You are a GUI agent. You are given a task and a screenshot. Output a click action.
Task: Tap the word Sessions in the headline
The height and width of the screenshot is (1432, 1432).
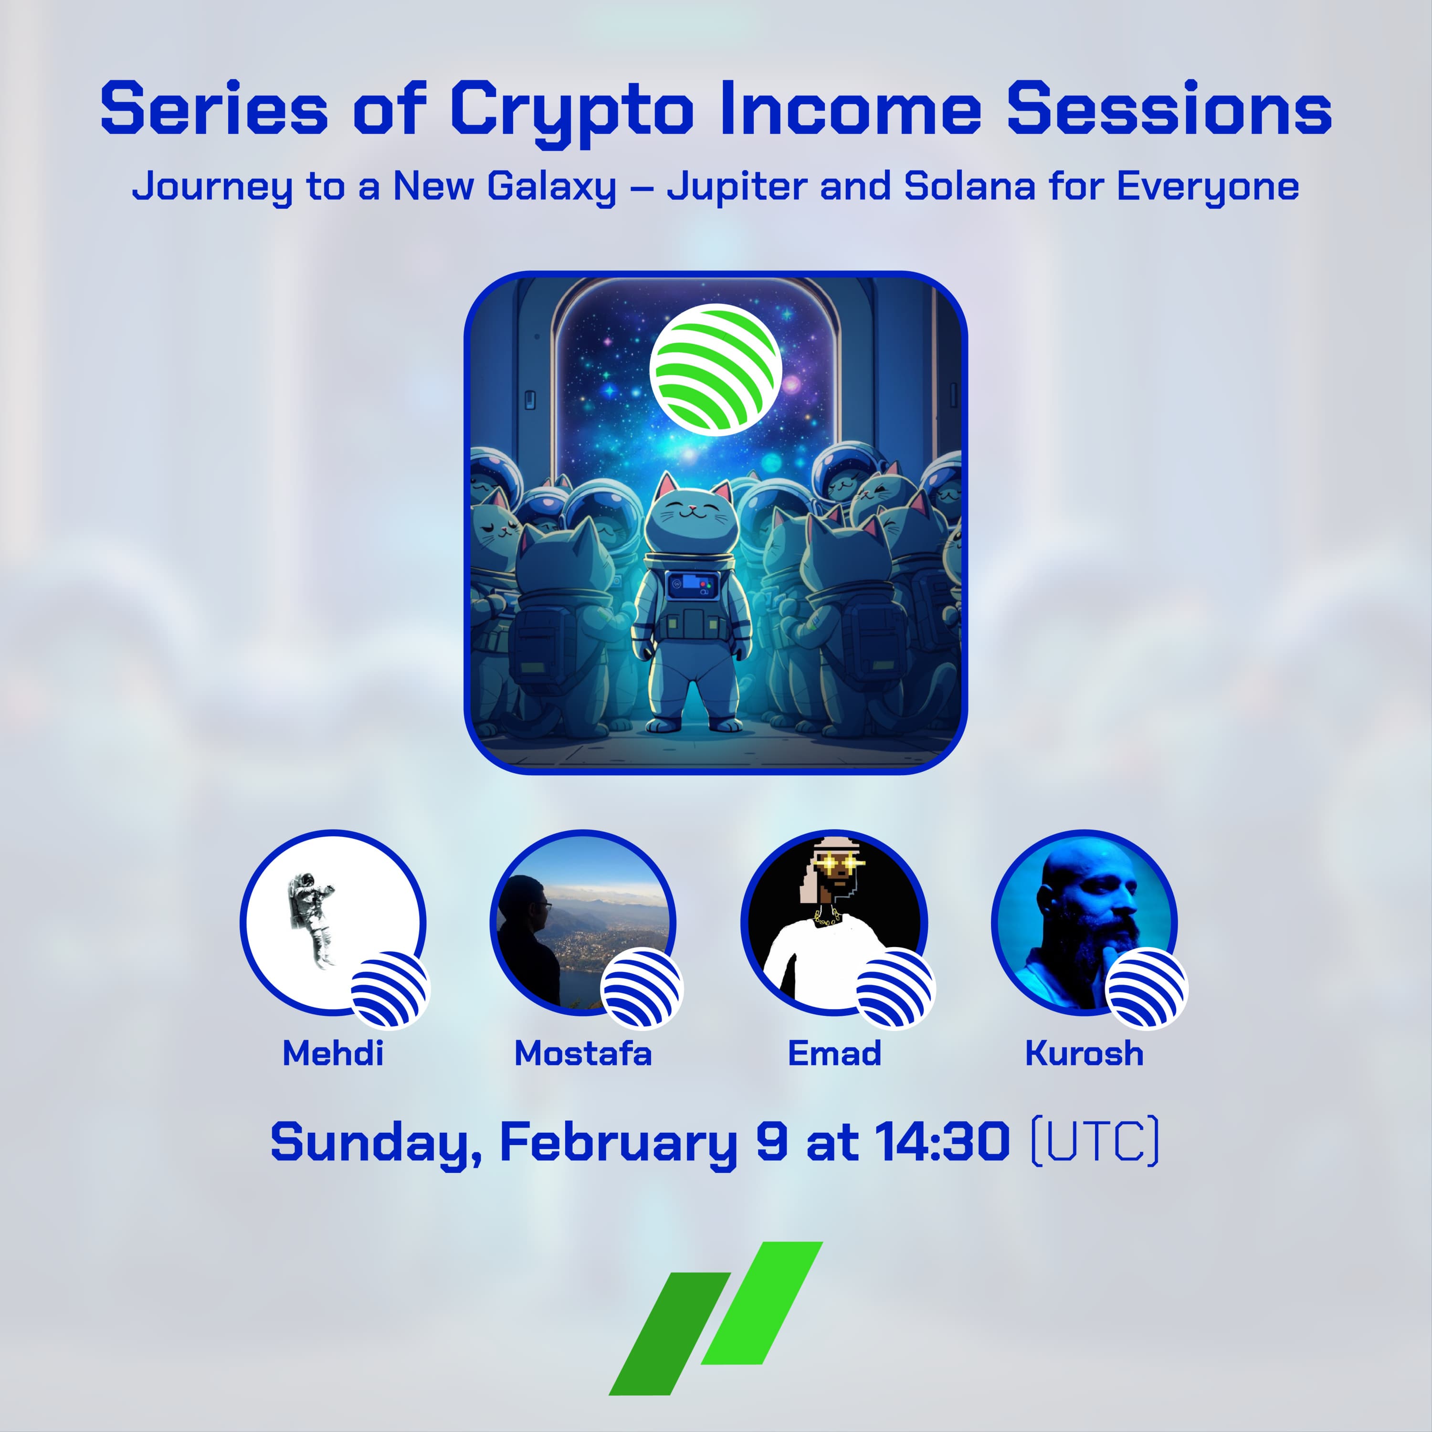click(1169, 108)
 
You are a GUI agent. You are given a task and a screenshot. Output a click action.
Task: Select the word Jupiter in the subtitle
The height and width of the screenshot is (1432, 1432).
click(736, 187)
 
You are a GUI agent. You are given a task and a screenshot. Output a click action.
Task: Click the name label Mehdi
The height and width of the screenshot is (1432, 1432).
click(333, 1053)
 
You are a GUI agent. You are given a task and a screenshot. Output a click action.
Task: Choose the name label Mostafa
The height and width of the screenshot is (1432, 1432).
click(583, 1053)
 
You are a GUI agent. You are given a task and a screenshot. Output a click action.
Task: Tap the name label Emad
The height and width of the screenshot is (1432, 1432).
click(834, 1053)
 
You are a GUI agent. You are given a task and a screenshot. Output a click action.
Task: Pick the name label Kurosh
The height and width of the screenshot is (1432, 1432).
click(1085, 1053)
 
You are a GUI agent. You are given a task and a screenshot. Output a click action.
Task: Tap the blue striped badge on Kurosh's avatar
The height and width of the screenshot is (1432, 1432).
click(1146, 989)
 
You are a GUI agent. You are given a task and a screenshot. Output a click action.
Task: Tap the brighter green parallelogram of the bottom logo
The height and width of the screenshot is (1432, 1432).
click(762, 1302)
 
